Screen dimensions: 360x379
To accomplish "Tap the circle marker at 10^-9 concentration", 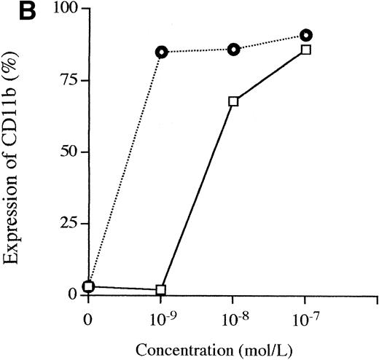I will click(161, 52).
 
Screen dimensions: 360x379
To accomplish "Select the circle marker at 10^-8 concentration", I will click(233, 49).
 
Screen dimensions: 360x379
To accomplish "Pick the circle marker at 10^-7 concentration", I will click(306, 35).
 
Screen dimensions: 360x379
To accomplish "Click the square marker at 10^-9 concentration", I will click(161, 289).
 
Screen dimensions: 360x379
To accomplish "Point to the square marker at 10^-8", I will click(233, 101).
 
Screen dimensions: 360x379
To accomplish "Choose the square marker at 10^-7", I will click(306, 50).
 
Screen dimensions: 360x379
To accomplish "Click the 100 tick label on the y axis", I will click(60, 10).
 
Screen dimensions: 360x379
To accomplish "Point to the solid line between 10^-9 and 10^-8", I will click(197, 195).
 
